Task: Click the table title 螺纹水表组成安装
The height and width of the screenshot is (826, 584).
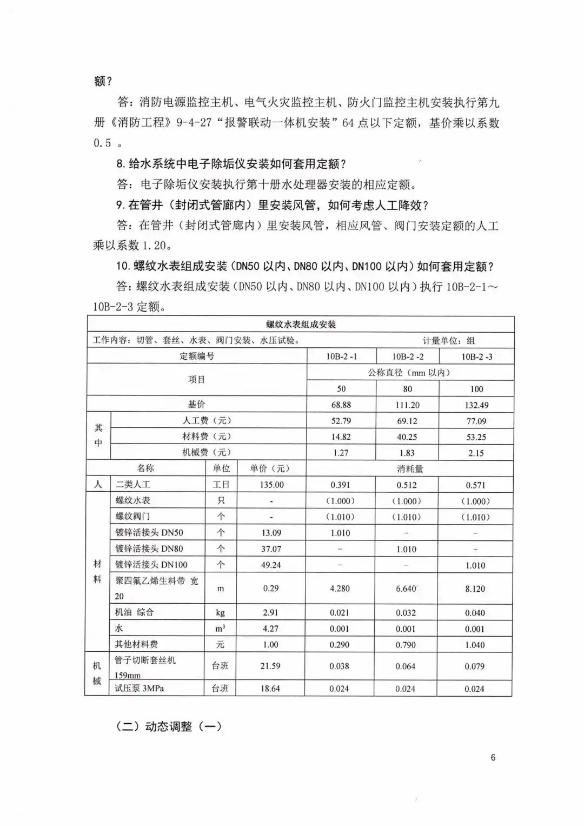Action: pos(301,325)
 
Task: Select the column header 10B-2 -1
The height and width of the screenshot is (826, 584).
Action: pos(341,356)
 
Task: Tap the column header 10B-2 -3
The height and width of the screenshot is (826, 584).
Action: pos(476,356)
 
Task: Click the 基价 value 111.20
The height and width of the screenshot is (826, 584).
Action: pos(407,405)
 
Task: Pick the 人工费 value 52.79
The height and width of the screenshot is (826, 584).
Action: pos(341,421)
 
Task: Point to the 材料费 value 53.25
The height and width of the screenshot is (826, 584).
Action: pos(476,437)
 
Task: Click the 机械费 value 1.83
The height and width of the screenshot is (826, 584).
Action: pos(407,453)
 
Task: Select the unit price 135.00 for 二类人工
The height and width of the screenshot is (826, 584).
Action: pos(271,485)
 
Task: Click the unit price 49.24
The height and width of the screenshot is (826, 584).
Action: pos(271,565)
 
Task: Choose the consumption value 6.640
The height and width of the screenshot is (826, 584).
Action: pos(406,589)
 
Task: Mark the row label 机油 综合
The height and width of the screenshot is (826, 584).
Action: pos(135,612)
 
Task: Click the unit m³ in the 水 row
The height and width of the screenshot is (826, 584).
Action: pos(221,629)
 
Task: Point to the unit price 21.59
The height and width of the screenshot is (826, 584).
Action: pos(270,666)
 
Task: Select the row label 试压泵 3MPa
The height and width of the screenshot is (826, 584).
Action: pos(140,689)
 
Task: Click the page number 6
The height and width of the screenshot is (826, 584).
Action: pos(493,757)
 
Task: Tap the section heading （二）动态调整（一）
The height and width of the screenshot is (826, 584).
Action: pos(169,726)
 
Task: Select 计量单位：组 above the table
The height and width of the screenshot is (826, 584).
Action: pos(449,340)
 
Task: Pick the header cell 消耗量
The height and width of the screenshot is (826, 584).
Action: pos(410,468)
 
